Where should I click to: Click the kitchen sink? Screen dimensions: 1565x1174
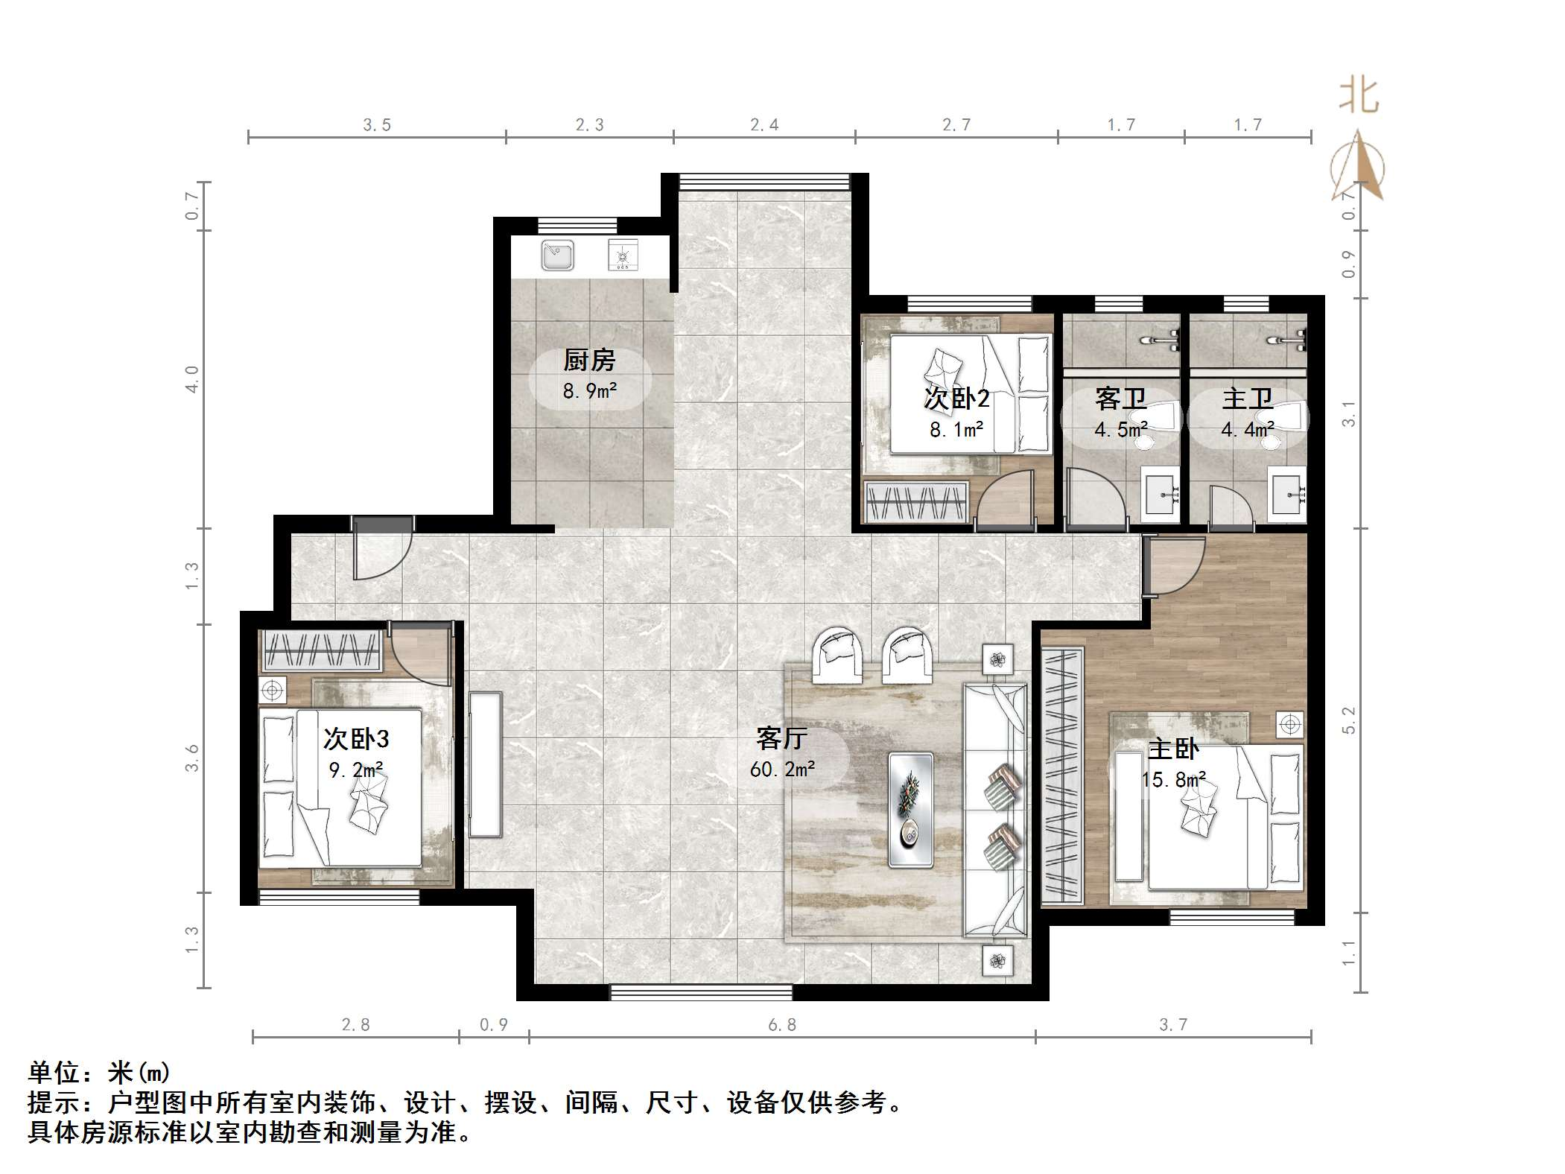557,255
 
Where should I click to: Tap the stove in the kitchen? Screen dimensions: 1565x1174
623,255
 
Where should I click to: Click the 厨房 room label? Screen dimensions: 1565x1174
589,361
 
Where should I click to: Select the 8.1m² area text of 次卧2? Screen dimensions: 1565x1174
956,429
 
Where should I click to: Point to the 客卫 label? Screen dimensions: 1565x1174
1120,399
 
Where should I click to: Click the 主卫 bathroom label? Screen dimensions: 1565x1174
1248,399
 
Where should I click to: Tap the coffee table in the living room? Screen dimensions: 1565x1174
910,810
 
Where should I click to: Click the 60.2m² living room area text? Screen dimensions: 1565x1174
782,769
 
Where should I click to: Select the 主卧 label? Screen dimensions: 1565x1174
1173,749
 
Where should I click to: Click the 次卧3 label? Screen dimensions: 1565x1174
356,739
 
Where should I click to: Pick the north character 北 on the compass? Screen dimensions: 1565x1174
1359,97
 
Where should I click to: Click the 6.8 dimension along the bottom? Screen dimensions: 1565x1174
782,1025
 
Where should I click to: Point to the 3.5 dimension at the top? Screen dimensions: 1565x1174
377,125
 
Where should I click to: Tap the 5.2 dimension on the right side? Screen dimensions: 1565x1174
1349,720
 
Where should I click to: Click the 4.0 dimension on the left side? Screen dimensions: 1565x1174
192,379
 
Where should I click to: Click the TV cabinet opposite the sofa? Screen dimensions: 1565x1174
485,764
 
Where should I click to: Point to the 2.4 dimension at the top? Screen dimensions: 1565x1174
764,125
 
